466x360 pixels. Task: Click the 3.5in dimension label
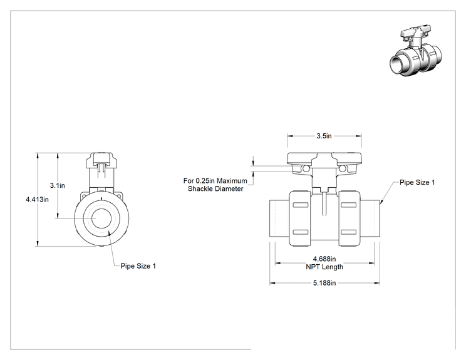pyautogui.click(x=324, y=136)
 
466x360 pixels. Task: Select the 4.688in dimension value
pyautogui.click(x=324, y=259)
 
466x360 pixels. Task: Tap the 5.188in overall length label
pyautogui.click(x=324, y=283)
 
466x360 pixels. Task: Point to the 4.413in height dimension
pyautogui.click(x=37, y=199)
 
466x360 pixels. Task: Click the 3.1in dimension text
pyautogui.click(x=58, y=186)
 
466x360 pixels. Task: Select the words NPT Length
pyautogui.click(x=324, y=267)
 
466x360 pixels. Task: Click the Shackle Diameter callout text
pyautogui.click(x=215, y=189)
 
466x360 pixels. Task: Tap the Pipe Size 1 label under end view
pyautogui.click(x=138, y=266)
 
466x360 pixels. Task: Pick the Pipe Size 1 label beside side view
pyautogui.click(x=417, y=182)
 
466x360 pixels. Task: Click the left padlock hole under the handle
pyautogui.click(x=306, y=169)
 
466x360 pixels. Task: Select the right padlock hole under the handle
pyautogui.click(x=343, y=169)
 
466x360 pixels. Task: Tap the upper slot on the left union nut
pyautogui.click(x=301, y=205)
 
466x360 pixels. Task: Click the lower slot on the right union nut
pyautogui.click(x=349, y=232)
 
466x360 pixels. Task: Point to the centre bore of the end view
pyautogui.click(x=101, y=219)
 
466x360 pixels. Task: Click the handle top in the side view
pyautogui.click(x=324, y=158)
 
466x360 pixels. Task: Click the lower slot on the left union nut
pyautogui.click(x=301, y=232)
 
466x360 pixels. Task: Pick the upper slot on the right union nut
pyautogui.click(x=349, y=205)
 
